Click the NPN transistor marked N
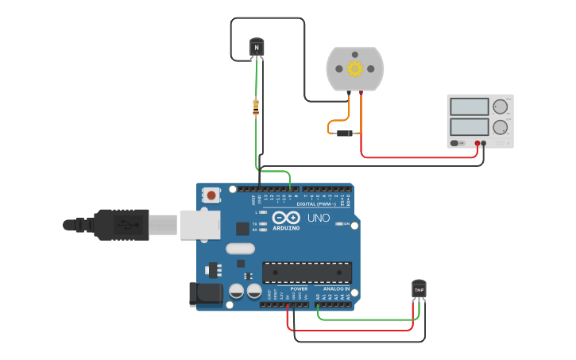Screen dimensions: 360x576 (x=256, y=47)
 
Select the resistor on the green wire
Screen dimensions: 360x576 (x=255, y=107)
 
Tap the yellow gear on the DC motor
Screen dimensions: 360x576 (x=355, y=69)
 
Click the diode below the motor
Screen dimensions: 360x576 (x=345, y=133)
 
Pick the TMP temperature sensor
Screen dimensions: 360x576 (x=419, y=290)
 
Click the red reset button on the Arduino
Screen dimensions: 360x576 (x=211, y=195)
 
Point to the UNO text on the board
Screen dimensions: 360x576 (x=319, y=218)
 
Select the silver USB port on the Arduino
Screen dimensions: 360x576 (x=199, y=224)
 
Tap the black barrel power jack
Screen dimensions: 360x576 (x=206, y=293)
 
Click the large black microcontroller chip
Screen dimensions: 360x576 (x=307, y=273)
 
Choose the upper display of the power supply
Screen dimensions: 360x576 (x=469, y=106)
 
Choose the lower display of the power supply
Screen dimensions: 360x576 (x=469, y=126)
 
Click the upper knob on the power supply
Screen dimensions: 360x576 (x=500, y=106)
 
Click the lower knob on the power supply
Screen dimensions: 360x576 (x=500, y=126)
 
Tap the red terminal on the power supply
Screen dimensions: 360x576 (x=477, y=144)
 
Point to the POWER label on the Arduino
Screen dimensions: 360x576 (x=299, y=288)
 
